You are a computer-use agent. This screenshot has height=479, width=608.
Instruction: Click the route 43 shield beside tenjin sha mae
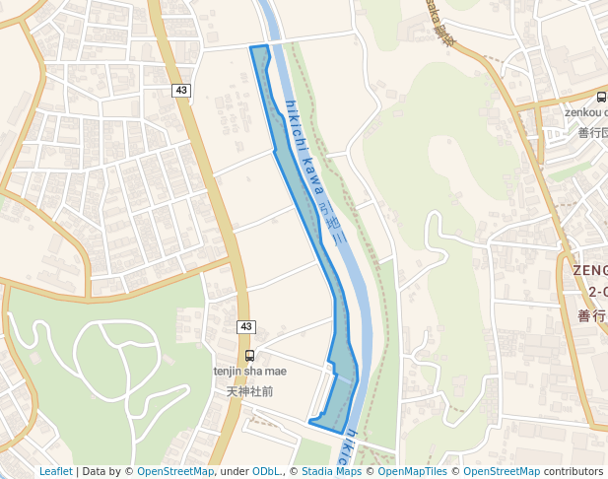(x=245, y=326)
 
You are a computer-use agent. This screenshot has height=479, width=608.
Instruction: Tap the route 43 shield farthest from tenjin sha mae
(x=180, y=90)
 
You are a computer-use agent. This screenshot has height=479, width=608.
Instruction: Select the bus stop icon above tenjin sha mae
(x=249, y=356)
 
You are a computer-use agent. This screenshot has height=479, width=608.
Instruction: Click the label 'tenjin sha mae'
(x=249, y=372)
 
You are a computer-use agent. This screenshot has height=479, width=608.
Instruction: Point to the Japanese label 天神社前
(x=249, y=391)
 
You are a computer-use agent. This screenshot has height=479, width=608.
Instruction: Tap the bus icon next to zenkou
(x=601, y=97)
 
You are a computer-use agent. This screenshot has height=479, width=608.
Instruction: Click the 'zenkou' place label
(x=585, y=112)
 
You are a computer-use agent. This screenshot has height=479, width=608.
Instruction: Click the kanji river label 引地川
(x=333, y=221)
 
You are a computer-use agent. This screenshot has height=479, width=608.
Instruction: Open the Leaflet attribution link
(x=55, y=472)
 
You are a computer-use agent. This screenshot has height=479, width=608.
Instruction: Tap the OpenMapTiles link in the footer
(x=413, y=472)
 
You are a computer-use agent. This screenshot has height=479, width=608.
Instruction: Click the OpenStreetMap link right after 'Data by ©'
(x=175, y=472)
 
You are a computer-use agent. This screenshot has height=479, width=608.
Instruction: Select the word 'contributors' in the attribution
(x=574, y=472)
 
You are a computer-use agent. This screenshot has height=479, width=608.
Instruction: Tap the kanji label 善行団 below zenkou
(x=593, y=132)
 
